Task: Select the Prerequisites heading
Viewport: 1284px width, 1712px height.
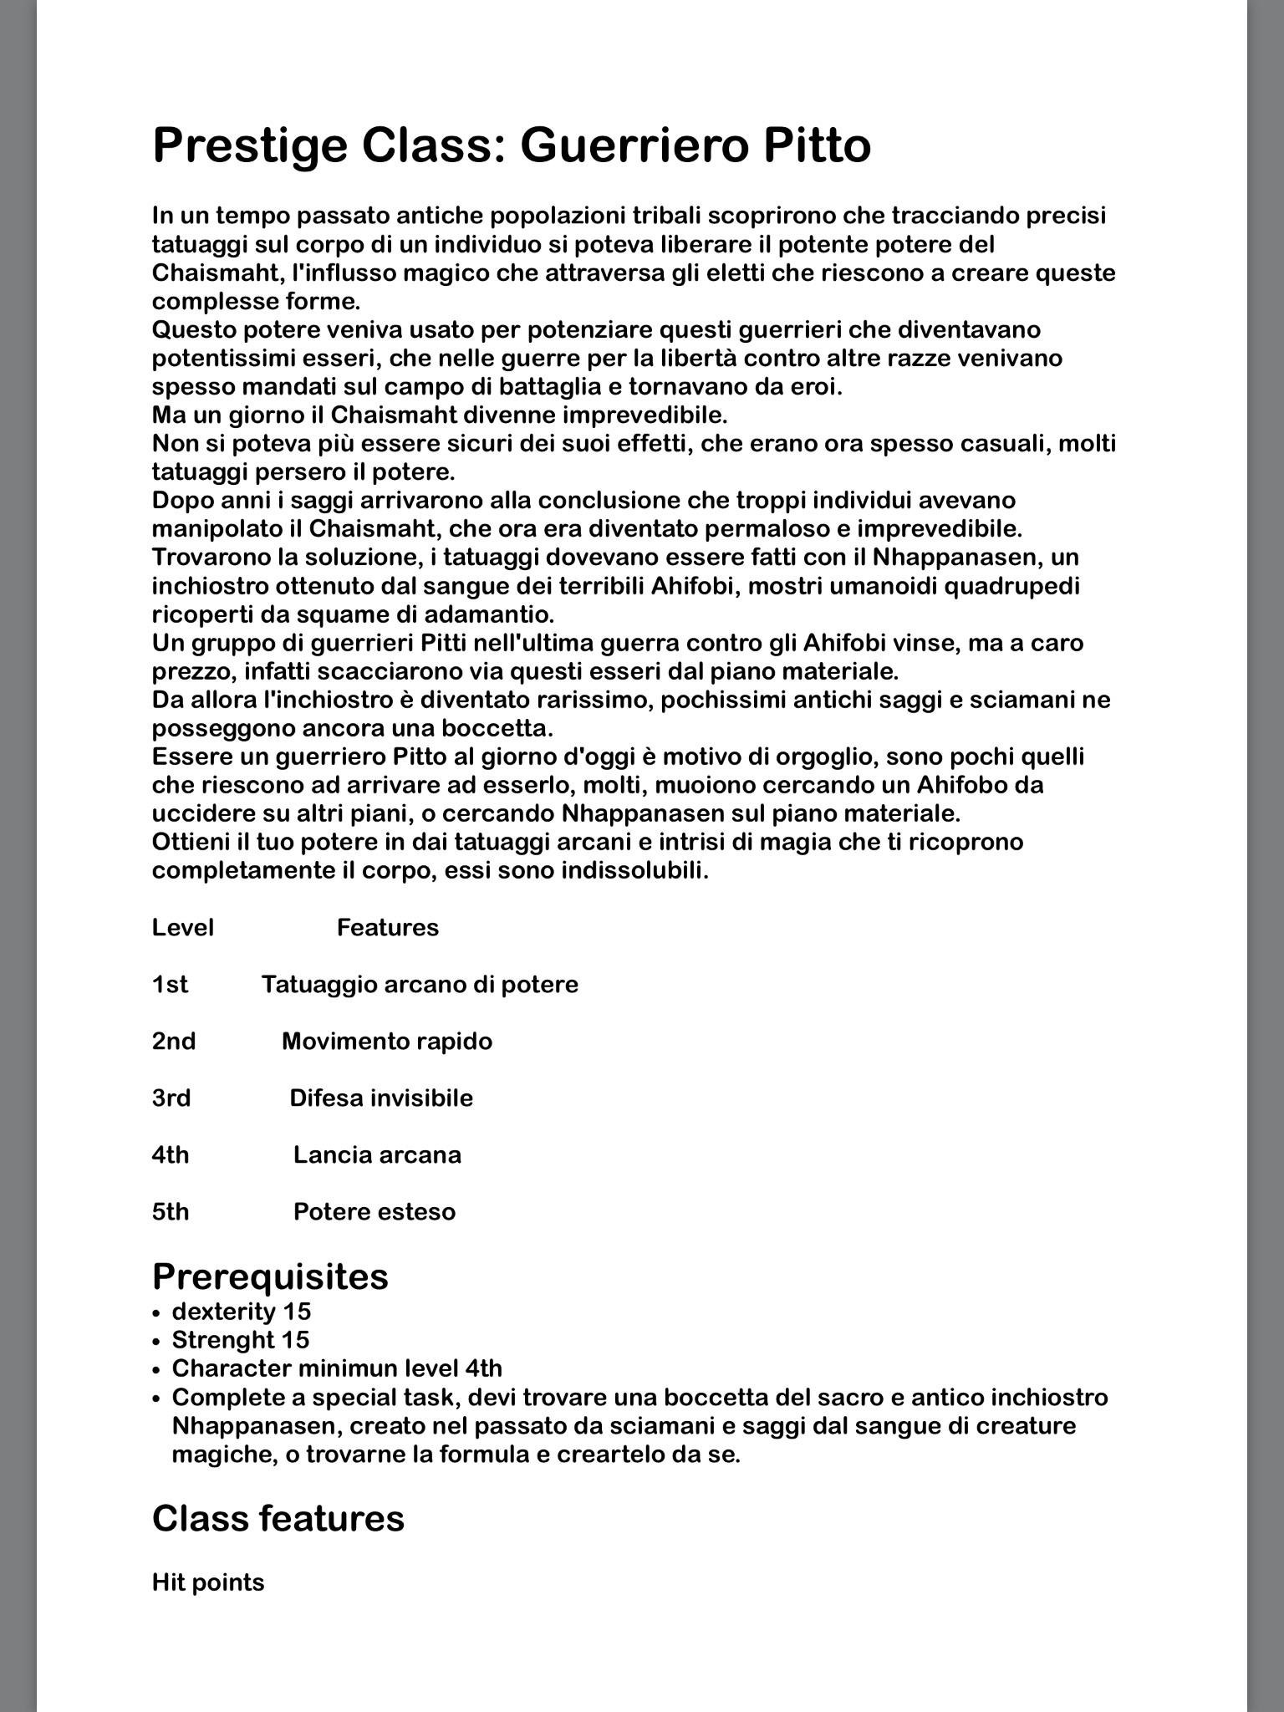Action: (270, 1276)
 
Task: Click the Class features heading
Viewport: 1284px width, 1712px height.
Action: (278, 1518)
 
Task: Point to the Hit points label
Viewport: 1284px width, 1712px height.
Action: (208, 1582)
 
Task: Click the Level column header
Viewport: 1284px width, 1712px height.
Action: (183, 928)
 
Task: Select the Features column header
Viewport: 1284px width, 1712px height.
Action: (388, 928)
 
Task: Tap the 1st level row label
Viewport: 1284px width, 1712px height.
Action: (171, 985)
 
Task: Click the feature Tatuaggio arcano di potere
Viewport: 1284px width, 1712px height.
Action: (420, 985)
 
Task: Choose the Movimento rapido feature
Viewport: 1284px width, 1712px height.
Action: (387, 1042)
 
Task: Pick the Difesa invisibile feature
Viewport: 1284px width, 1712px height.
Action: (381, 1098)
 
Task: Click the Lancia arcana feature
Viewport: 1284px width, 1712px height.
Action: (377, 1155)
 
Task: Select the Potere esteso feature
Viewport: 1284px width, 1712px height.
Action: (374, 1212)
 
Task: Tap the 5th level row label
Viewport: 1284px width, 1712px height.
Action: (171, 1212)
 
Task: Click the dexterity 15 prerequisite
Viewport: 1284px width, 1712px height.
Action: (242, 1312)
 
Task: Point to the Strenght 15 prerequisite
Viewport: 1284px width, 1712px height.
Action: (241, 1340)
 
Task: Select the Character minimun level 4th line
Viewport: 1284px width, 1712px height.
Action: (337, 1368)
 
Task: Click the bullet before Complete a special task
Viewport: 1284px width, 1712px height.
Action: (156, 1399)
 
